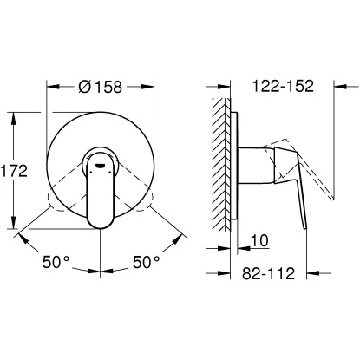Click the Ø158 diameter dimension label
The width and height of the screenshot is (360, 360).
click(x=101, y=87)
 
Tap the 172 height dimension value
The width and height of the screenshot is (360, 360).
click(x=14, y=171)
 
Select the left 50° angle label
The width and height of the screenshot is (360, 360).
click(x=56, y=262)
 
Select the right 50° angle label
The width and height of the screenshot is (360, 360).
click(x=147, y=262)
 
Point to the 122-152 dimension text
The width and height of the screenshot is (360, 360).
click(x=283, y=86)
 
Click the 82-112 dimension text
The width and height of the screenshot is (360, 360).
click(x=268, y=273)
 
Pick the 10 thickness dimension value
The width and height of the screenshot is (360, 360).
click(x=259, y=240)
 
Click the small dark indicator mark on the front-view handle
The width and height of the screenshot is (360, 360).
click(x=100, y=166)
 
